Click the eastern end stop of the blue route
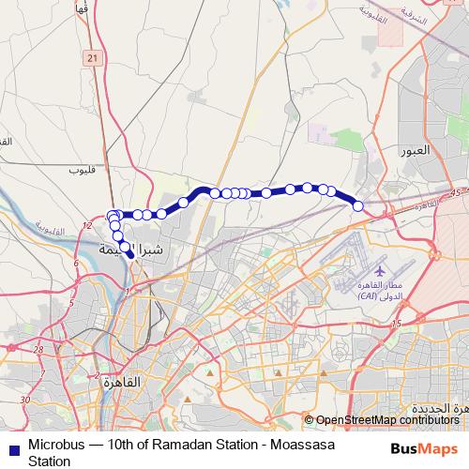(x=357, y=205)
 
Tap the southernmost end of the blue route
(x=129, y=253)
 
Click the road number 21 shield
(x=91, y=59)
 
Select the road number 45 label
(x=457, y=191)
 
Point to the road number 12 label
(x=86, y=226)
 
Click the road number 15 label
(x=397, y=323)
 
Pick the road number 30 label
(x=25, y=400)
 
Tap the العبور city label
(x=414, y=149)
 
